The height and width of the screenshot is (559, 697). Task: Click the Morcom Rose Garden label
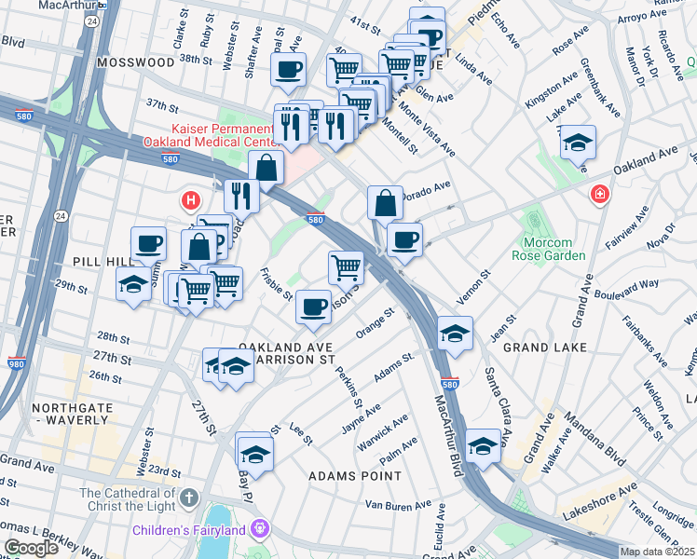pos(550,249)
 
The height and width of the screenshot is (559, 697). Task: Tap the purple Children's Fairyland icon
pos(260,529)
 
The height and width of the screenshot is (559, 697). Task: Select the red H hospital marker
pos(191,200)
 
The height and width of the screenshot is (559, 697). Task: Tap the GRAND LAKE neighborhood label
pos(544,348)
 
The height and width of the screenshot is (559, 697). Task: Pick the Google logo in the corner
pos(30,548)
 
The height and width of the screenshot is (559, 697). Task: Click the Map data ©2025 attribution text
pos(656,552)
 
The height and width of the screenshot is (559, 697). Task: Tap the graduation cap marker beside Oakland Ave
pos(578,143)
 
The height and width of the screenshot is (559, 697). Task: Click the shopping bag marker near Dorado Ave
pos(385,202)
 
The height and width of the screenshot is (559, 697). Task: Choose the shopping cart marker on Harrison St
pos(346,267)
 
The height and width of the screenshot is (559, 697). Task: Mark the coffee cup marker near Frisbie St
pos(314,306)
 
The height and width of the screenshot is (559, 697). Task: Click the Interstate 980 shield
pos(16,363)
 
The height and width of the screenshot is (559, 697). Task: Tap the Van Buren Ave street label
pos(398,506)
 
